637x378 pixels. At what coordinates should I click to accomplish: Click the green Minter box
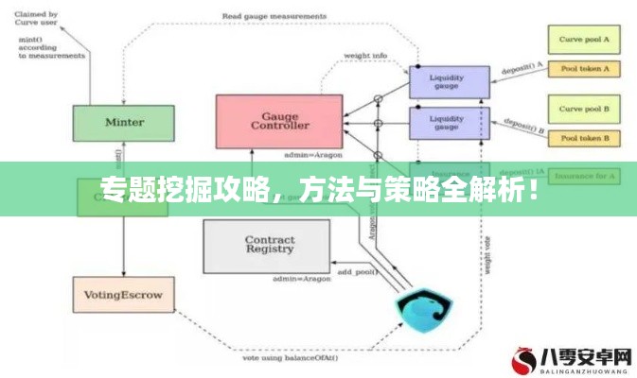point(124,123)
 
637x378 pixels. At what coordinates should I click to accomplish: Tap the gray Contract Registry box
point(270,246)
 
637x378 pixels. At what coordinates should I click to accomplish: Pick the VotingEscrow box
point(124,296)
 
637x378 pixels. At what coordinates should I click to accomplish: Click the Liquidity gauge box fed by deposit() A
point(449,82)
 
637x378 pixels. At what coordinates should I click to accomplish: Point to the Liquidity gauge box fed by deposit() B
point(449,124)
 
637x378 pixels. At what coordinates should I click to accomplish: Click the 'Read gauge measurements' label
point(270,15)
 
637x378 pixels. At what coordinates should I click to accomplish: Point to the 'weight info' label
point(364,56)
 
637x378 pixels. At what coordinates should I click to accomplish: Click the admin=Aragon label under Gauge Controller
point(312,154)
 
